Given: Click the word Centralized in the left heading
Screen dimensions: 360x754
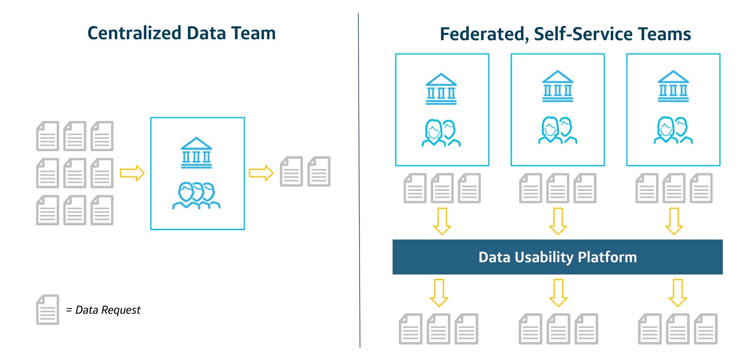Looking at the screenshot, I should (134, 33).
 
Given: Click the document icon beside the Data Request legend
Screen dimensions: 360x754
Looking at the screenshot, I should (48, 310).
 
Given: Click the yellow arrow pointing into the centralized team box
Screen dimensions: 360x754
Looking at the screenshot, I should (132, 173).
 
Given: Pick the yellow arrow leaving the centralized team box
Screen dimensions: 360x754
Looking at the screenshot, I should (261, 173).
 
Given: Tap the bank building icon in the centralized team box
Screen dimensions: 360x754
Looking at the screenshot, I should (197, 153).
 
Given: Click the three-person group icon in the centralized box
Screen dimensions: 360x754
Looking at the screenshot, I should (197, 195).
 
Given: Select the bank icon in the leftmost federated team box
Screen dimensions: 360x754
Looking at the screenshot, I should (441, 89).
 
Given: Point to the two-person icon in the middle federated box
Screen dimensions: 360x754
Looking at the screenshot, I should (557, 130).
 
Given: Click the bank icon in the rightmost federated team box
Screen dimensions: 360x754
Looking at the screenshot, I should (673, 86).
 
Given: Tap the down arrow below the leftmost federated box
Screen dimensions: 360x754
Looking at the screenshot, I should (442, 221).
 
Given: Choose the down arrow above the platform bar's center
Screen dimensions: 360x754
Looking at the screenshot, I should (558, 221).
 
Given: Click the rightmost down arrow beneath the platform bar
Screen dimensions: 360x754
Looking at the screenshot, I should (677, 293).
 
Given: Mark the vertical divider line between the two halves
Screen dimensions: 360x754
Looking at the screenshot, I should (359, 180).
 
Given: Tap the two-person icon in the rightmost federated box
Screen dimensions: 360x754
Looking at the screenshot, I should (673, 130).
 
